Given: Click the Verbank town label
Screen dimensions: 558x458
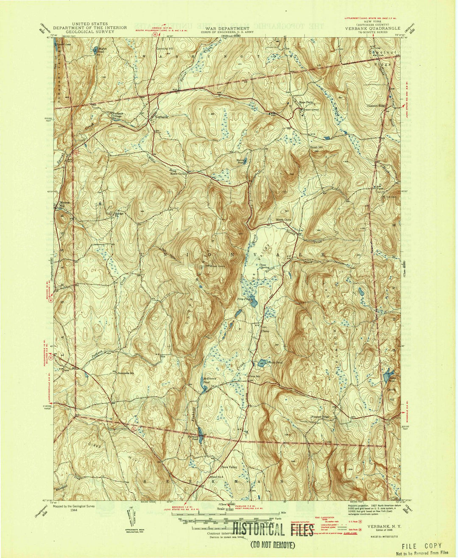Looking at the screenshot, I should click(161, 117).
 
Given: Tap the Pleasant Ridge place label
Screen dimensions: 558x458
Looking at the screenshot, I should click(320, 417).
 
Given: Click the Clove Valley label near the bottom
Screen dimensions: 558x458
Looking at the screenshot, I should click(231, 467).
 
